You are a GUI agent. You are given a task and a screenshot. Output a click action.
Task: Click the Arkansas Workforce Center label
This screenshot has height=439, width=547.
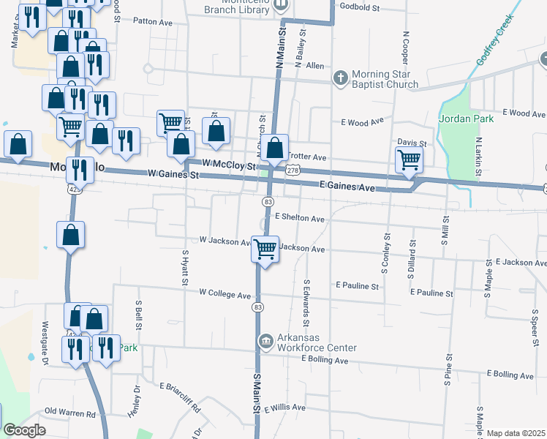point(317,342)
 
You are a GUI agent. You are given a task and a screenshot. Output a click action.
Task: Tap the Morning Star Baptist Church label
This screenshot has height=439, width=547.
point(385,79)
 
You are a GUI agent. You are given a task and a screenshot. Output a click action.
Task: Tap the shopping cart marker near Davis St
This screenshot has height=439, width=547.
point(409,160)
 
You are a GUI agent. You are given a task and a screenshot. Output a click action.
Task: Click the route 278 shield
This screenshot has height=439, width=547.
point(293,170)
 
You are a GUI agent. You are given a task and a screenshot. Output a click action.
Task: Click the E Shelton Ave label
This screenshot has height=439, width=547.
point(300,218)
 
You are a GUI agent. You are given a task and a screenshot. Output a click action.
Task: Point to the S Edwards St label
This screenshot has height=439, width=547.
point(306,302)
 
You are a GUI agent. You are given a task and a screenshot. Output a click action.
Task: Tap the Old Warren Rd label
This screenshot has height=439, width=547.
point(70,413)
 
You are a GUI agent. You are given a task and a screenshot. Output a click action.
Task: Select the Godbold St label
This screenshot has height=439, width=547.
point(361,8)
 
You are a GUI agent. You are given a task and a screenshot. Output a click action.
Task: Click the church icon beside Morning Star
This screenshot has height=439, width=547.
point(340,77)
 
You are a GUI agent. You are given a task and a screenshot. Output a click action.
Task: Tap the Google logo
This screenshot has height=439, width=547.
point(24,430)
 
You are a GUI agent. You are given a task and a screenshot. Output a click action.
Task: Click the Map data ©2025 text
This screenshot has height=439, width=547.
point(516,433)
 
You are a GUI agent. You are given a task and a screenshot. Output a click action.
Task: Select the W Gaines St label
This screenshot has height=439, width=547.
point(173,175)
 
